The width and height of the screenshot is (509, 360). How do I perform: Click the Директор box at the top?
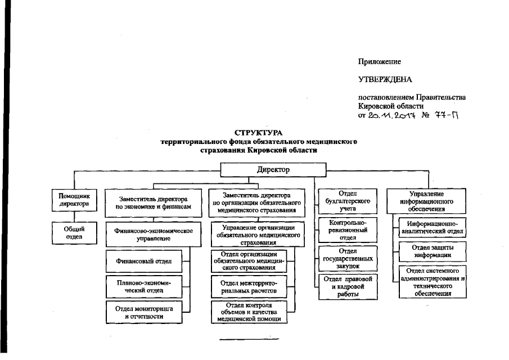273,169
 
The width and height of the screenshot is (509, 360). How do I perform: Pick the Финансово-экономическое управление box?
154,235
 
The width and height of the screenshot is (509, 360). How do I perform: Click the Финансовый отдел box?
147,261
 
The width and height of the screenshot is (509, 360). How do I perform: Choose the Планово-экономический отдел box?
147,286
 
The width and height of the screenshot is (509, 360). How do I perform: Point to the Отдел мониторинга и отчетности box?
147,312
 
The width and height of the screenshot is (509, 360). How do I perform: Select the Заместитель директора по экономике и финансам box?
154,202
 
